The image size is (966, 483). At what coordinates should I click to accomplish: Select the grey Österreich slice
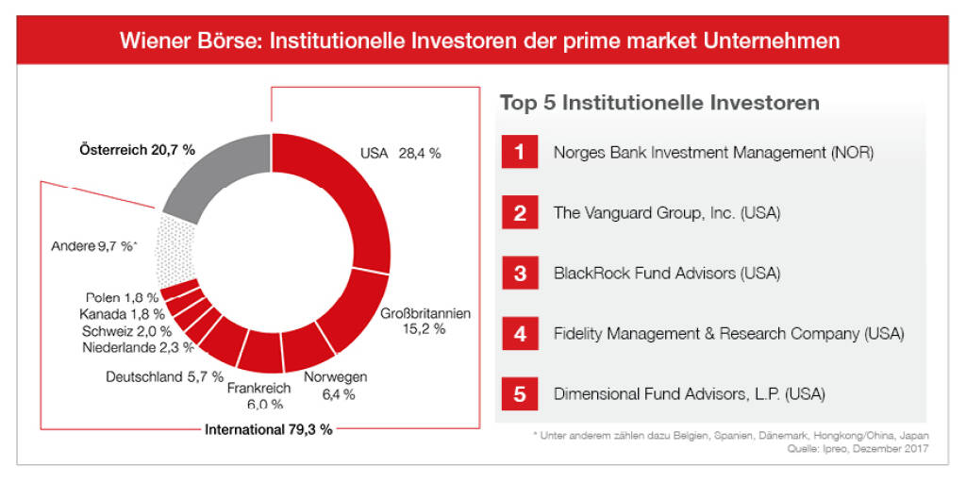click(x=217, y=175)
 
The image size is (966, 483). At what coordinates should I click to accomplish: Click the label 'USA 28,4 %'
click(x=401, y=153)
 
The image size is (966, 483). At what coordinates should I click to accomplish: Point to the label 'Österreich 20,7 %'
click(x=137, y=149)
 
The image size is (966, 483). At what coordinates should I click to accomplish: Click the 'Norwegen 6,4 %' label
click(x=335, y=386)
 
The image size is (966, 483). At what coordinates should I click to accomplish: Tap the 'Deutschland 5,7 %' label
click(x=164, y=377)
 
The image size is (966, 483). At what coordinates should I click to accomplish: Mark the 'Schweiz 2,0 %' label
click(x=126, y=330)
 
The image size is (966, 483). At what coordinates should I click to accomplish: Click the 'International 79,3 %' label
click(x=268, y=429)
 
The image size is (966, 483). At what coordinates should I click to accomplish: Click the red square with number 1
click(x=519, y=152)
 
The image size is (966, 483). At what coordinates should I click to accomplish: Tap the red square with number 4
click(x=519, y=333)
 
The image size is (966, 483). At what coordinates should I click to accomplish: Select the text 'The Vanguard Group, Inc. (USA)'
click(x=666, y=212)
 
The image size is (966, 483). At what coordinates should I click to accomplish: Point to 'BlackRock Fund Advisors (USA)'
click(x=667, y=273)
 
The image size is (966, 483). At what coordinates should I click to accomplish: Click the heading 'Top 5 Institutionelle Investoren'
click(x=659, y=103)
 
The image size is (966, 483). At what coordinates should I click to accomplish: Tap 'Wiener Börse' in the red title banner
click(x=182, y=42)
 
